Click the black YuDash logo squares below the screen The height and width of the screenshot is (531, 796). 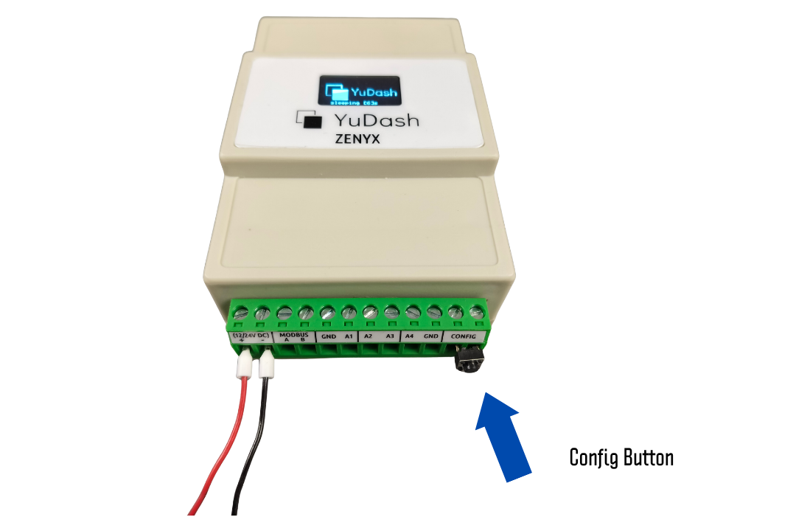pos(310,119)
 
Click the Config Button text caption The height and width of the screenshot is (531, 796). pos(621,457)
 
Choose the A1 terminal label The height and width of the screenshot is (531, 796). pos(349,336)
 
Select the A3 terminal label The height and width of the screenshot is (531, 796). pos(391,336)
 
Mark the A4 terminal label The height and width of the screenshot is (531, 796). pos(411,336)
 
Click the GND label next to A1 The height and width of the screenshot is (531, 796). pos(329,336)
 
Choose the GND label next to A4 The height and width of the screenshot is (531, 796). pos(431,336)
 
